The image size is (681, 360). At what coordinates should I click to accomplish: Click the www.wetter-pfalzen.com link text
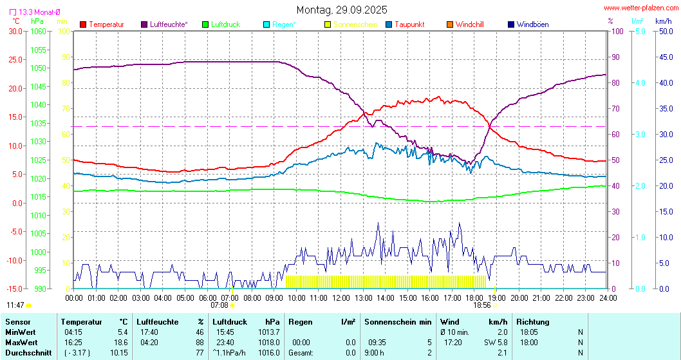pos(640,8)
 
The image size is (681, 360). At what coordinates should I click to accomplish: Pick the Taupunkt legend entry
pos(409,24)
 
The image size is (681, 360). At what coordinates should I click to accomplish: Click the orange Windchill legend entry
pos(469,24)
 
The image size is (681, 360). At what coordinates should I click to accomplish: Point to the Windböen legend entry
pos(532,24)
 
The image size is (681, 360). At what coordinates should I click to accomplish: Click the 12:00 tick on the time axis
pos(340,298)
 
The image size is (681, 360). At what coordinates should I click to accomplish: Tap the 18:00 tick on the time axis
pos(474,298)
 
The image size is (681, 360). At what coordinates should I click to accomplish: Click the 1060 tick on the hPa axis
pos(38,31)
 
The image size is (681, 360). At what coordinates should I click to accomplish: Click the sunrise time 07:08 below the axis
pos(219,305)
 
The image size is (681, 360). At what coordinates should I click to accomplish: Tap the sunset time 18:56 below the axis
pos(482,305)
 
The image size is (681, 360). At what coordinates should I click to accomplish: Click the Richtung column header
pos(533,321)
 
